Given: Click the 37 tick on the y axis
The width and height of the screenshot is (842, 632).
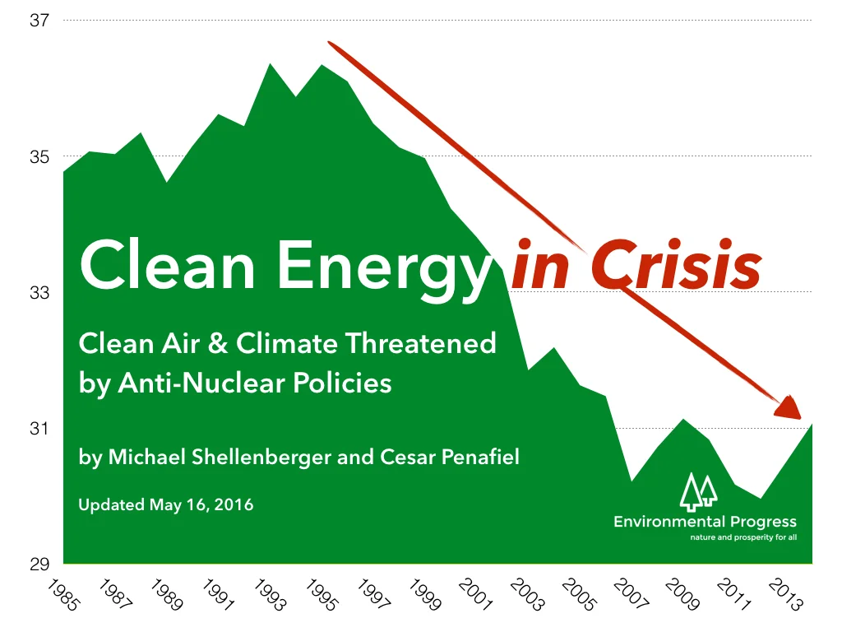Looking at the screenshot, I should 39,21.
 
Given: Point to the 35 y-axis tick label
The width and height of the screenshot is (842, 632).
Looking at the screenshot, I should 39,156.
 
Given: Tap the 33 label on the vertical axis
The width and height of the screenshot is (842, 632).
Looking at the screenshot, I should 39,292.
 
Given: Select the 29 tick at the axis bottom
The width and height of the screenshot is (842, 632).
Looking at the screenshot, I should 39,565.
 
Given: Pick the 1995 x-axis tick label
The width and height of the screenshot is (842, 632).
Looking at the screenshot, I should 320,594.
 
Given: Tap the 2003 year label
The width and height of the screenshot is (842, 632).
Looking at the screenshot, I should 527,594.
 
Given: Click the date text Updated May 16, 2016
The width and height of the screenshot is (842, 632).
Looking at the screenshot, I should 166,504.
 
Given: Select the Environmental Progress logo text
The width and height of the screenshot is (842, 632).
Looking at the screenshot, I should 705,522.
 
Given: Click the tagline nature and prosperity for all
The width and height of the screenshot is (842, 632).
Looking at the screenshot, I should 743,539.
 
